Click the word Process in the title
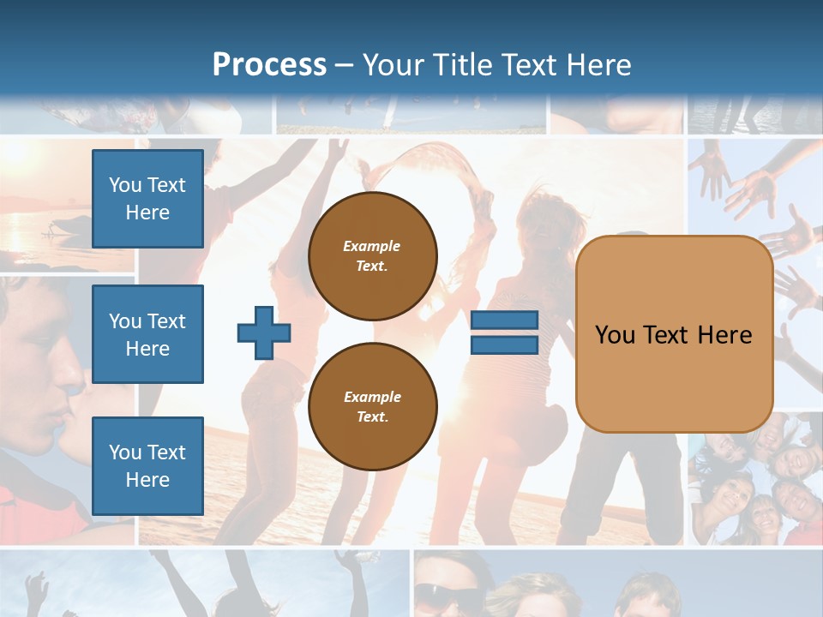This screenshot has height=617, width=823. pyautogui.click(x=269, y=65)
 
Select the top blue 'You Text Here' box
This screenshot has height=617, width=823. pyautogui.click(x=147, y=199)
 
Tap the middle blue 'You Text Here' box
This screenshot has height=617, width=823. pyautogui.click(x=147, y=334)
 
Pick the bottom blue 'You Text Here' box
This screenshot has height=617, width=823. pyautogui.click(x=147, y=465)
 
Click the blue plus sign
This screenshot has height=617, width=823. pyautogui.click(x=264, y=332)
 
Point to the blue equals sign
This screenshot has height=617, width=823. pyautogui.click(x=504, y=332)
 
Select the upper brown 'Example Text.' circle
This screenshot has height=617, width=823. pyautogui.click(x=373, y=256)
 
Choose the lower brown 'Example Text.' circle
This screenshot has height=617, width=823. pyautogui.click(x=373, y=406)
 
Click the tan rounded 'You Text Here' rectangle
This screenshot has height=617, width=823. pyautogui.click(x=674, y=334)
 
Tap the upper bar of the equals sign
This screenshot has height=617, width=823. pyautogui.click(x=504, y=320)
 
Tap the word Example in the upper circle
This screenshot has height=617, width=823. pyautogui.click(x=371, y=246)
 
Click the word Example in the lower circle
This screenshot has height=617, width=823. pyautogui.click(x=372, y=397)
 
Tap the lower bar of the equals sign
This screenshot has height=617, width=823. pyautogui.click(x=504, y=345)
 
